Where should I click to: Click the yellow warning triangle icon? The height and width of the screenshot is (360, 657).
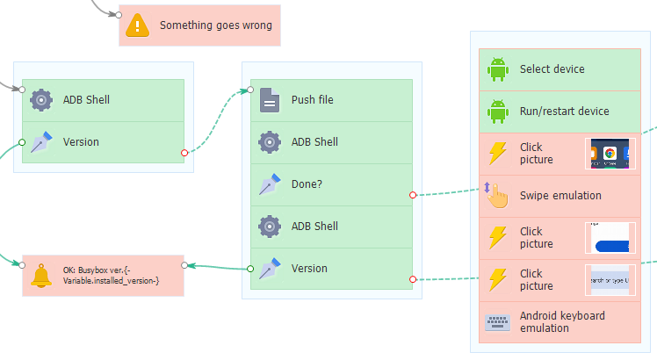(138, 25)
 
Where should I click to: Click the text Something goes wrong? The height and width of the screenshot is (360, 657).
(215, 25)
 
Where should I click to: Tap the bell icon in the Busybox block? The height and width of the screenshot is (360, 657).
(41, 276)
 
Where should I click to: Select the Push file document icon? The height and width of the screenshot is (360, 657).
(270, 101)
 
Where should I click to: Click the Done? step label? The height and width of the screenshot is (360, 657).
(307, 184)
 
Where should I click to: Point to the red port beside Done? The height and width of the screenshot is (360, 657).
(413, 195)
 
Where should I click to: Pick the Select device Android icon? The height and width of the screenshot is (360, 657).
(498, 69)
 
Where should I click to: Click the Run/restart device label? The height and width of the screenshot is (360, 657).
(564, 112)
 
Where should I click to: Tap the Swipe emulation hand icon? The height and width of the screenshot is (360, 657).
(498, 195)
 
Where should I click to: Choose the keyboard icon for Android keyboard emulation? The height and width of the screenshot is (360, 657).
(498, 322)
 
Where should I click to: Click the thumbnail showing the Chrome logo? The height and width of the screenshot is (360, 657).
(609, 154)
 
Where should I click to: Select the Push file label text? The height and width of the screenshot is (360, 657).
(312, 100)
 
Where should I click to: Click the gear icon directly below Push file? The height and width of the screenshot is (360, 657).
(270, 142)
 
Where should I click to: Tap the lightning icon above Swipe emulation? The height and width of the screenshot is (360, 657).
(498, 154)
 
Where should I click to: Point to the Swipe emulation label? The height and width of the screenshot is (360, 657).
(560, 196)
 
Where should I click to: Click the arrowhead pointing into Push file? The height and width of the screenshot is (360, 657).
(246, 90)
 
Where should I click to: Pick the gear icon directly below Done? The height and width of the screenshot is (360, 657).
(270, 227)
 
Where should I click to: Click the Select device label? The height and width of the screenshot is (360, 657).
(552, 69)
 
